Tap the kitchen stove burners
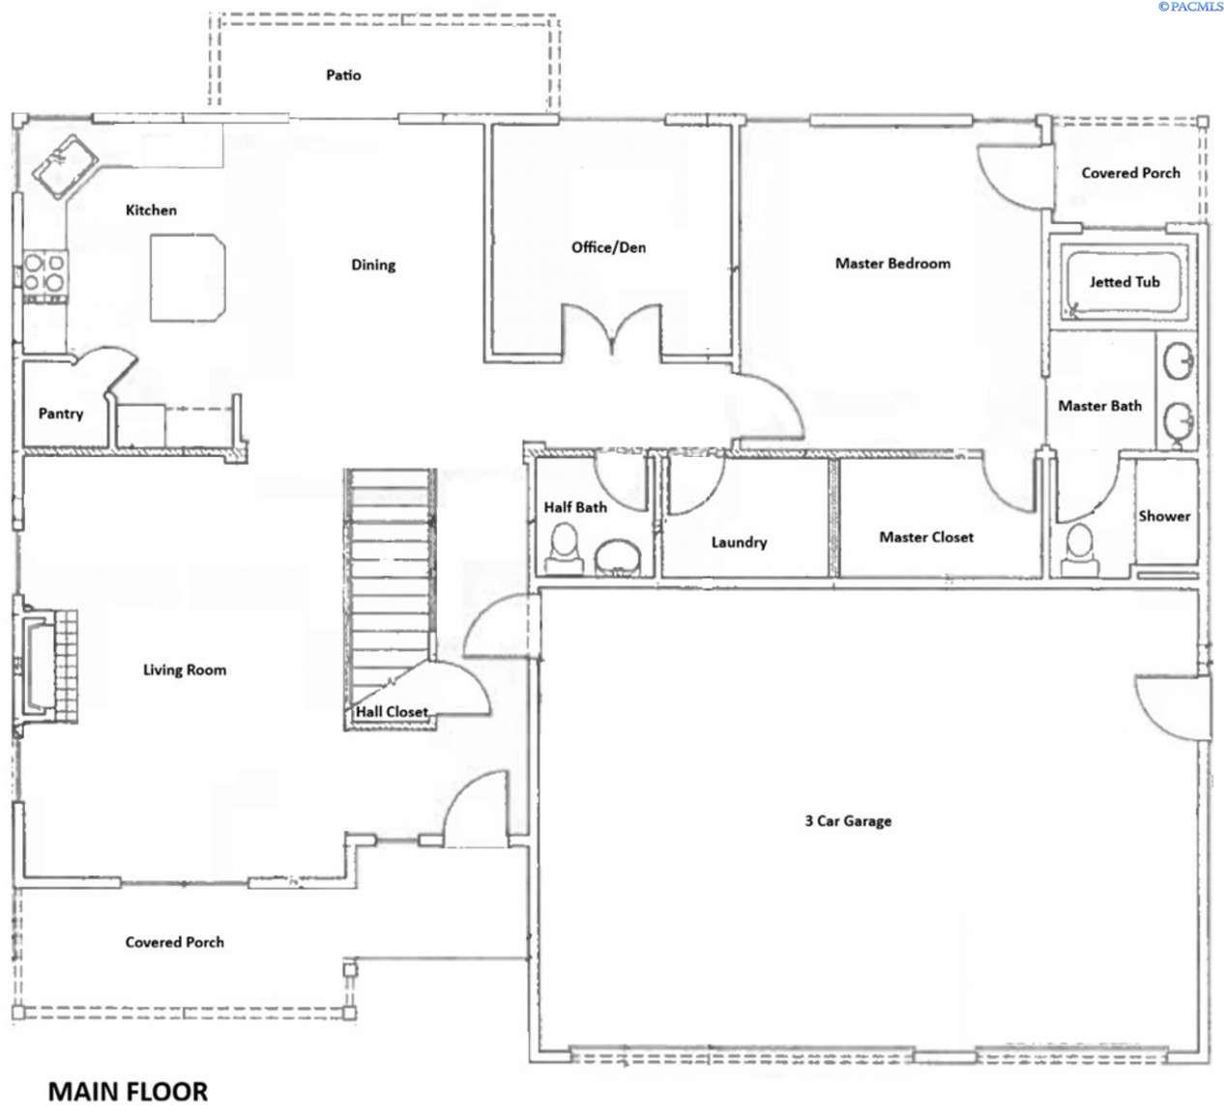coord(44,271)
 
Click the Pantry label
coord(60,414)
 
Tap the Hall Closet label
coord(392,712)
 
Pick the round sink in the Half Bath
coord(617,556)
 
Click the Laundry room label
coord(739,542)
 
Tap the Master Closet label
coord(926,537)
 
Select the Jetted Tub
coord(1123,281)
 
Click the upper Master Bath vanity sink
coord(1180,363)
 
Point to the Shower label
coord(1164,516)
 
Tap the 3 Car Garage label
coord(848,821)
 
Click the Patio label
coord(343,74)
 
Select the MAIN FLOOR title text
coord(128,1092)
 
